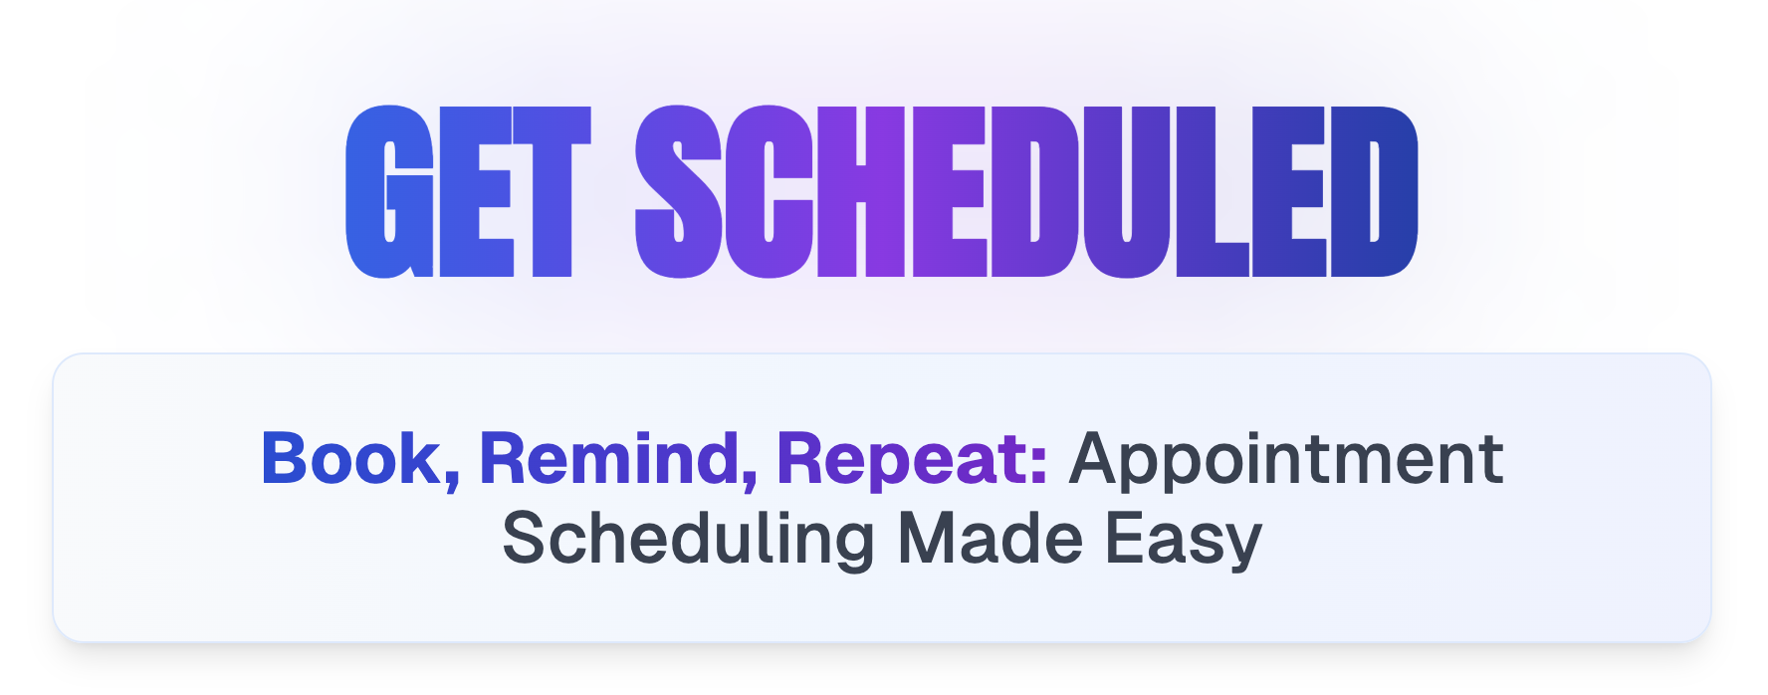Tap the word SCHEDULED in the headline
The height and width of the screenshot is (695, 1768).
[x=1026, y=191]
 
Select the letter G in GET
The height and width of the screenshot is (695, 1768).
[x=390, y=191]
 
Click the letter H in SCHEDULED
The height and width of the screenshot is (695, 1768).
[x=861, y=191]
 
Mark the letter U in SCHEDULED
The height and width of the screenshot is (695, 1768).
[x=1127, y=192]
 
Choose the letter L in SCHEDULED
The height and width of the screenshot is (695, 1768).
[x=1212, y=191]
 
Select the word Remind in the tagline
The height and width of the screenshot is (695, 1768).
[x=610, y=459]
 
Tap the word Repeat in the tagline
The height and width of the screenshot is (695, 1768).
[x=904, y=464]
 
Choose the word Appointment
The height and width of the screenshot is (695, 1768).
[x=1286, y=464]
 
